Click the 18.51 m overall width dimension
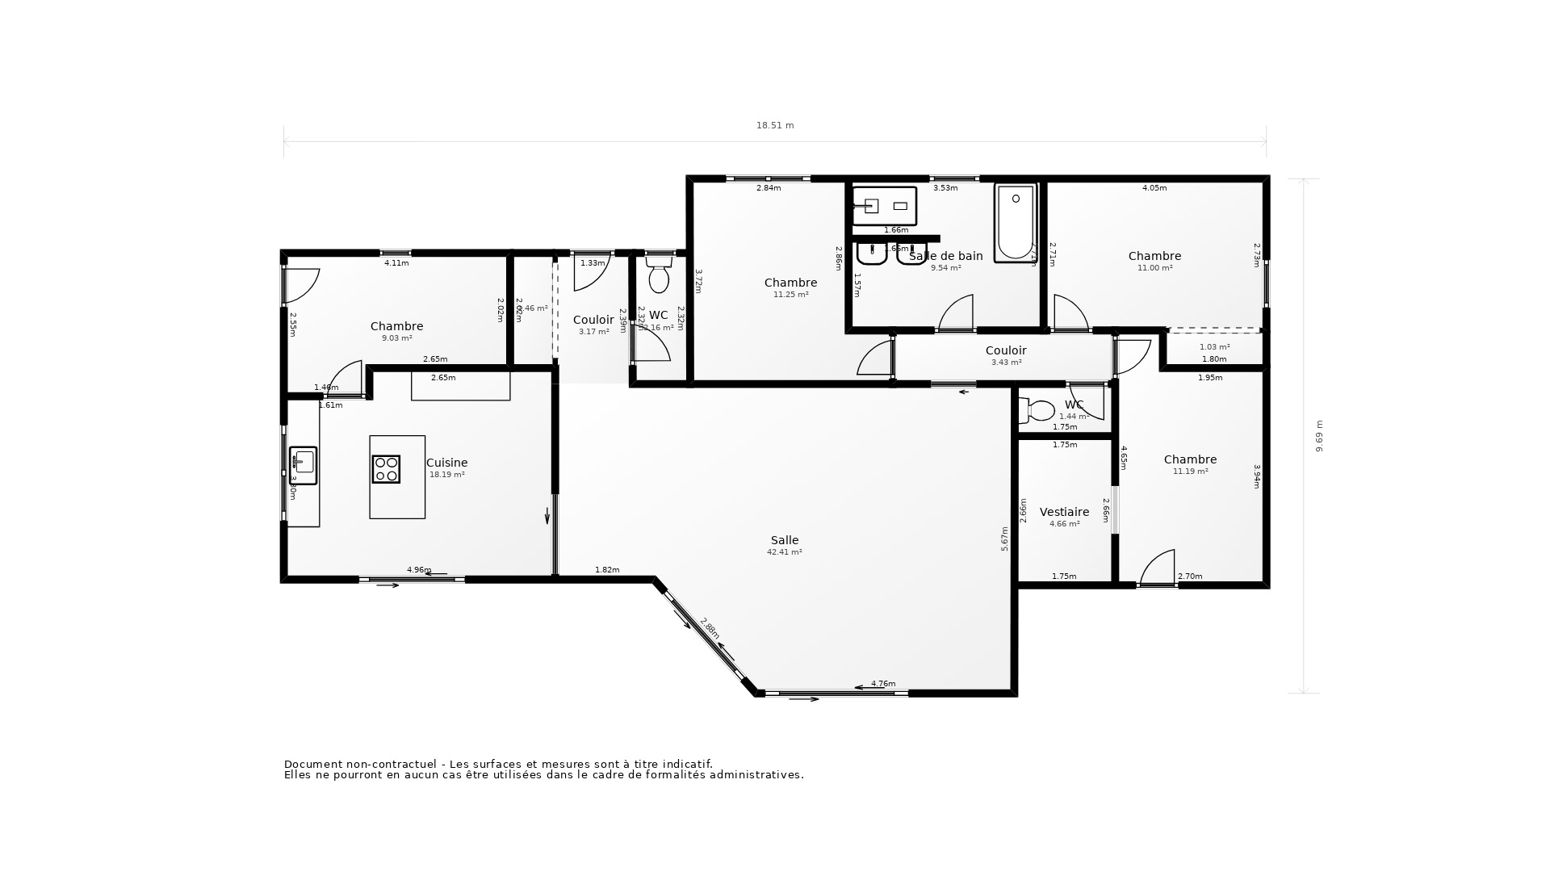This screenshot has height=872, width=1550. pyautogui.click(x=774, y=126)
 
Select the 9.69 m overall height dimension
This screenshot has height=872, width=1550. pyautogui.click(x=1320, y=436)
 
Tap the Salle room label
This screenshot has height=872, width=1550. pyautogui.click(x=784, y=540)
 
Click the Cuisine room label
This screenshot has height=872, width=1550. pyautogui.click(x=446, y=463)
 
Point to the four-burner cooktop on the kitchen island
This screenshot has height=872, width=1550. pyautogui.click(x=386, y=469)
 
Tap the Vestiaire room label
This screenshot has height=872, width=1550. pyautogui.click(x=1064, y=512)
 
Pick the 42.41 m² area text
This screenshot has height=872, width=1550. pyautogui.click(x=784, y=552)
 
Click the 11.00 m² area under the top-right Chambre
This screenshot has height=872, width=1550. pyautogui.click(x=1154, y=268)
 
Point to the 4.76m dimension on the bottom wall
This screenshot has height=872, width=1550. pyautogui.click(x=883, y=684)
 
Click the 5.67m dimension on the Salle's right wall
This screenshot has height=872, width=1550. pyautogui.click(x=1005, y=539)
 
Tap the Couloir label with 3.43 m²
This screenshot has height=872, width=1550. pyautogui.click(x=1006, y=350)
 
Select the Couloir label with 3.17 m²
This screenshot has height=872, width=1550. pyautogui.click(x=593, y=321)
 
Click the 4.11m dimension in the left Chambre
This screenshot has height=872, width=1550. pyautogui.click(x=396, y=263)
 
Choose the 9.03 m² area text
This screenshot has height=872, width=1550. pyautogui.click(x=396, y=338)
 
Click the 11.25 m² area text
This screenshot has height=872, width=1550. pyautogui.click(x=790, y=295)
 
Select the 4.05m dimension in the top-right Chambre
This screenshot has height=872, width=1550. pyautogui.click(x=1154, y=188)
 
